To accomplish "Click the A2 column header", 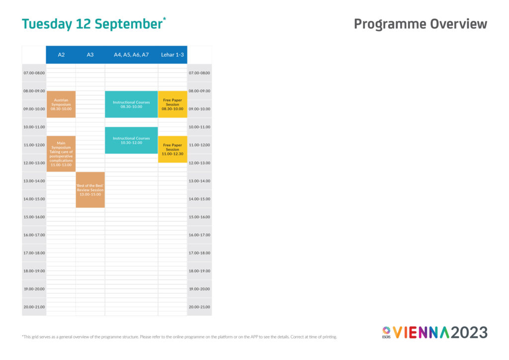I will [61, 55].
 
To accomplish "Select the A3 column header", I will [90, 55].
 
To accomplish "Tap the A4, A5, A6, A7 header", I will [131, 55].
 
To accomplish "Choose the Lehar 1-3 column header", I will [172, 55].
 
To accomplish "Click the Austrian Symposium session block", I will [61, 104].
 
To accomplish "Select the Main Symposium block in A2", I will [61, 154].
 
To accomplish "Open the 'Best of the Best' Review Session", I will [90, 189].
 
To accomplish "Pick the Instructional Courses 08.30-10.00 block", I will [131, 104].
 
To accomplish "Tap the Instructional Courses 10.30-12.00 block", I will [131, 140].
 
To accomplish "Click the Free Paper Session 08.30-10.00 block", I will [172, 104].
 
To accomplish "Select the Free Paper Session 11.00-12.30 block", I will [172, 149].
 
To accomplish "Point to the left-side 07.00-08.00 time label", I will [34, 73].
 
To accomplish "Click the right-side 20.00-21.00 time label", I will [199, 307].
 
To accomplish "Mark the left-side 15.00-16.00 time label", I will [34, 217].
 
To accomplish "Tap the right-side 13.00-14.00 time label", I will [199, 181].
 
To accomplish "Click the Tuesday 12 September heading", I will [92, 24].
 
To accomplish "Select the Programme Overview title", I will [420, 24].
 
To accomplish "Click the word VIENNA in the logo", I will [422, 333].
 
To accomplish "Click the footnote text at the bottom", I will [179, 337].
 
